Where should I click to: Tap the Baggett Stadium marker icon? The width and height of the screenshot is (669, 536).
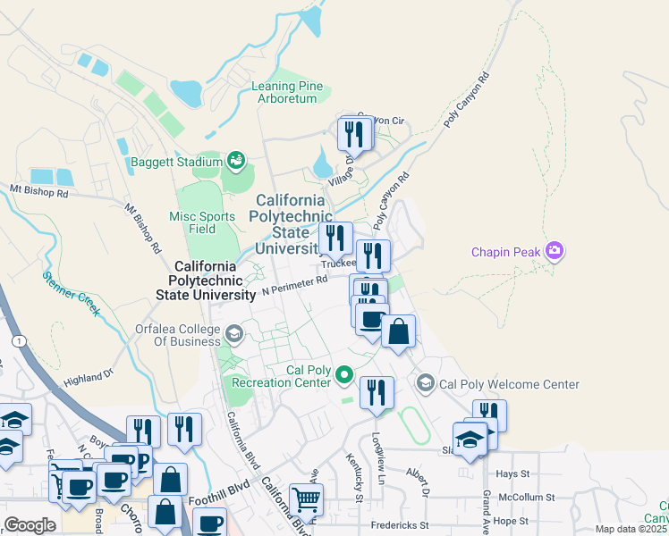point(235,161)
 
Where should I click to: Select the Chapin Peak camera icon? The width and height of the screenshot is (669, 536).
point(555,251)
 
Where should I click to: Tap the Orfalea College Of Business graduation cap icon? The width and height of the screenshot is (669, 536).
point(233,334)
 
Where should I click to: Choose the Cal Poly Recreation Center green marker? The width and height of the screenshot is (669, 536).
point(344,375)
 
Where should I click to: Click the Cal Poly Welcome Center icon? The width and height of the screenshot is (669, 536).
point(425,383)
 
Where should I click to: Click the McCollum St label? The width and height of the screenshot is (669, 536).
point(527,497)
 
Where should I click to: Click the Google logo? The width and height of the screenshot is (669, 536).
point(30,525)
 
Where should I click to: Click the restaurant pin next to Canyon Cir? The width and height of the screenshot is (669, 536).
point(355,135)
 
